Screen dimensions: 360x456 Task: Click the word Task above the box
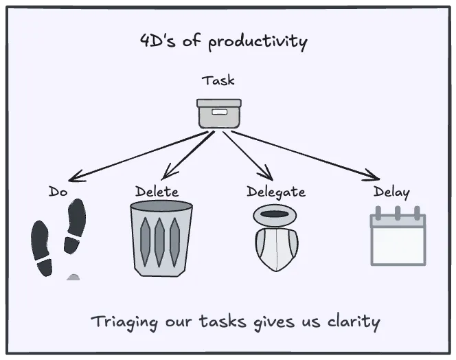(218, 80)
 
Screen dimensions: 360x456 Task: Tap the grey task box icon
(219, 113)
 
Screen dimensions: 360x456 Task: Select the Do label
(58, 192)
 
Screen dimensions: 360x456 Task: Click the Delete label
(157, 192)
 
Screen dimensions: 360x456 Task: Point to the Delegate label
(275, 192)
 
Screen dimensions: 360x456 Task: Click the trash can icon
(161, 238)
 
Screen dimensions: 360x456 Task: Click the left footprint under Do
(42, 248)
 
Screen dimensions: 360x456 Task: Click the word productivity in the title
(258, 41)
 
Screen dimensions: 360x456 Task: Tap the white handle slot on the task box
(219, 111)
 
